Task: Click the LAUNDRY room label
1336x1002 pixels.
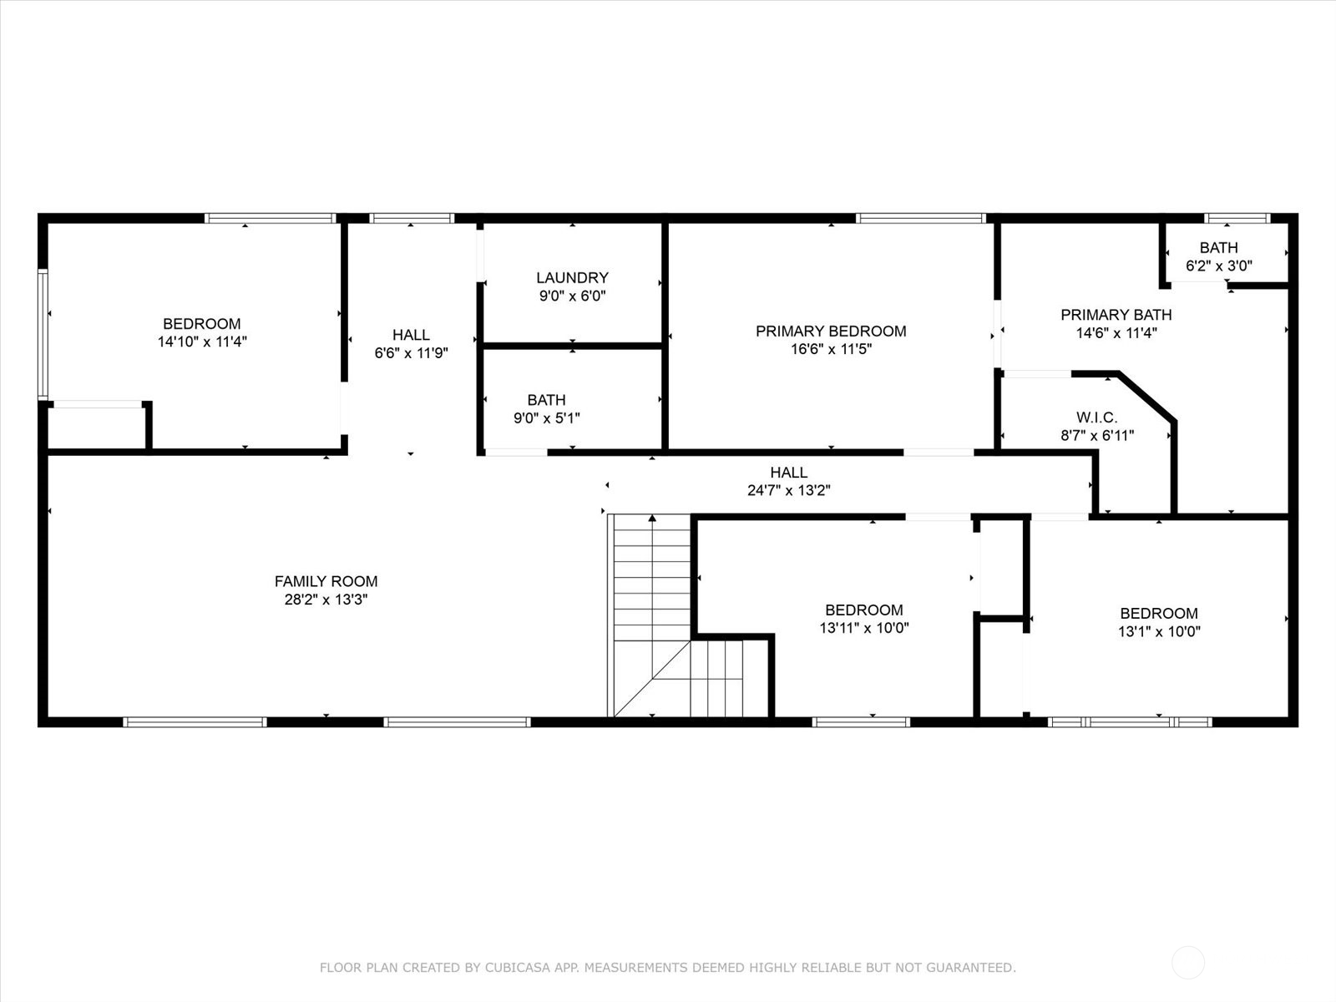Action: pos(572,278)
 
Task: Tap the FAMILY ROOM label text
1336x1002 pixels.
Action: pos(326,582)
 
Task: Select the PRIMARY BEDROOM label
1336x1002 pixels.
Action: pos(831,331)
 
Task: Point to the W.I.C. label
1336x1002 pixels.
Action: pos(1097,418)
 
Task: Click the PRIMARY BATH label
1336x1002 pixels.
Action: pos(1116,315)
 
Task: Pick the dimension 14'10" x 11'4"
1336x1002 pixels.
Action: pos(202,342)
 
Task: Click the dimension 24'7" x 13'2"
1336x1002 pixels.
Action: pos(789,490)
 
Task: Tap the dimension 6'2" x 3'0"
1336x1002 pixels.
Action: pos(1219,266)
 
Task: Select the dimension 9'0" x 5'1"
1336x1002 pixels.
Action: pos(547,418)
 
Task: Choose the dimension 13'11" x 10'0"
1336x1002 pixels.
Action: pos(864,628)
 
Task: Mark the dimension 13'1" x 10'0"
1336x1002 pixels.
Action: pos(1159,631)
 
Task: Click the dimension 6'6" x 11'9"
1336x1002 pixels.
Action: pos(412,353)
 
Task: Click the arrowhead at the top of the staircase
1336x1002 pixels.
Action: pos(652,519)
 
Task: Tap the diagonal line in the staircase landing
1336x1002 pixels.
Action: pos(652,679)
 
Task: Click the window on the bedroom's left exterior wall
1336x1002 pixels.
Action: pos(43,335)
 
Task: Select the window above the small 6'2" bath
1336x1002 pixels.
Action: pos(1237,219)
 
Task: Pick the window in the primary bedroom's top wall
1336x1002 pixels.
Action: pos(920,219)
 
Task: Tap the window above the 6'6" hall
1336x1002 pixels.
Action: pos(412,219)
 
